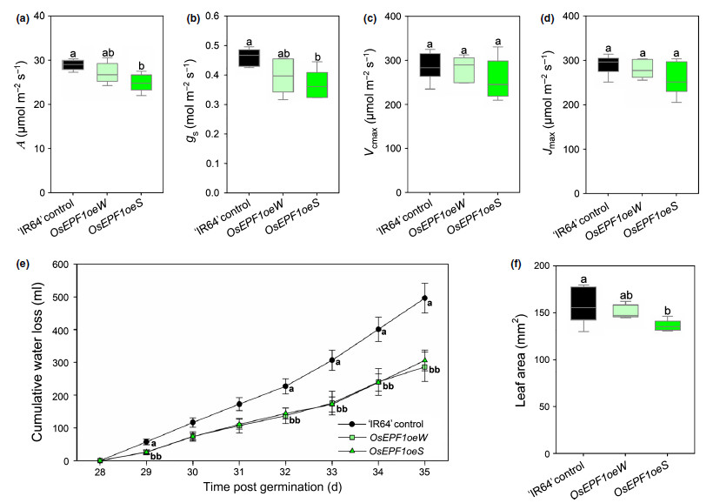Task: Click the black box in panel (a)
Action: click(73, 64)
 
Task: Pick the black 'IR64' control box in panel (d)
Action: click(603, 64)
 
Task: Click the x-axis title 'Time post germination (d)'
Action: click(263, 487)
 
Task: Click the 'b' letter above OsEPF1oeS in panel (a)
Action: click(142, 65)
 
